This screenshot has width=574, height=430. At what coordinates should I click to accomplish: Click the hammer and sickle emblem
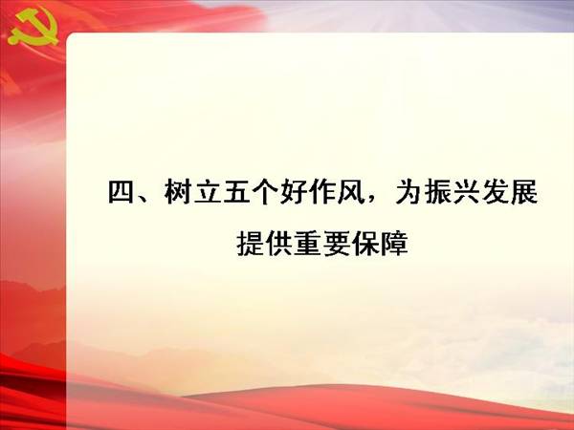pos(33,28)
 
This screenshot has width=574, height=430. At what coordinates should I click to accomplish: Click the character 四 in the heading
pos(121,192)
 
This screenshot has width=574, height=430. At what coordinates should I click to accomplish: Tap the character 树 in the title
pos(178,192)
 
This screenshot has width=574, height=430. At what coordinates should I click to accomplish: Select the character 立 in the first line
pos(207,192)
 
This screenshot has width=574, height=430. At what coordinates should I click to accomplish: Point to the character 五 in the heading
pos(235,192)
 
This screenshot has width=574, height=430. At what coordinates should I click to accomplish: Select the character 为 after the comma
pos(408,192)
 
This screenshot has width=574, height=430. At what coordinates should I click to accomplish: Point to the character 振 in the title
pos(437,192)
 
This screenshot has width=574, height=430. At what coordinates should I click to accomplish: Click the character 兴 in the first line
pos(466,192)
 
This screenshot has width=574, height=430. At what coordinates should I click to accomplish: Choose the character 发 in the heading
pos(495,192)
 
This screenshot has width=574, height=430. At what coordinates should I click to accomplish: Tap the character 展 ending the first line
pos(524,192)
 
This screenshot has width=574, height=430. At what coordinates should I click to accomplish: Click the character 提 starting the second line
pos(250,244)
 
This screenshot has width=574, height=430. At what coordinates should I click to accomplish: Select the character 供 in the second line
pos(279,244)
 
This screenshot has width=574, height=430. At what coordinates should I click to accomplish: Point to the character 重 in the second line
pos(307,244)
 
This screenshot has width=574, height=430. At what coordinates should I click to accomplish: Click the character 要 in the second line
pos(337,244)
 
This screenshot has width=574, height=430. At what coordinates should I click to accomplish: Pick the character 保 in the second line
pos(365,244)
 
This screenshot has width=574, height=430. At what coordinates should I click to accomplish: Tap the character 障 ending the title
pos(394,244)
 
